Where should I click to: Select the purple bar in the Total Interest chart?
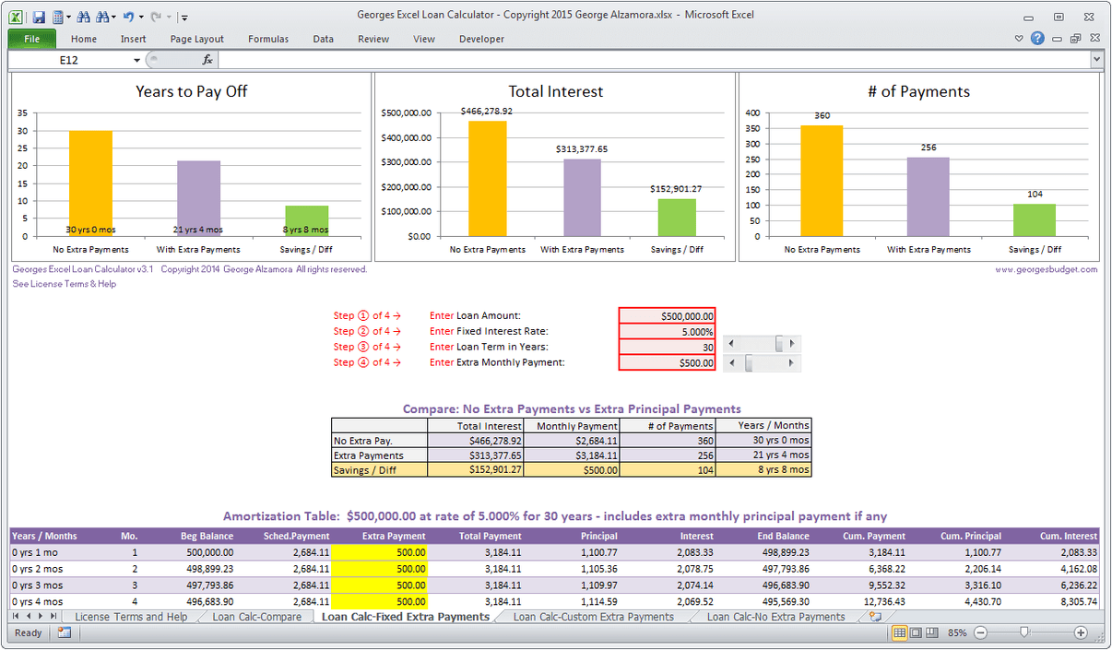click(582, 197)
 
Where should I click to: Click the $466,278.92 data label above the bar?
click(486, 111)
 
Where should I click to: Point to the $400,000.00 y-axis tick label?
click(406, 137)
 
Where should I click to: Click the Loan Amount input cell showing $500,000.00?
click(667, 315)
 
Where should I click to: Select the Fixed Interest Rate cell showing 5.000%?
click(667, 331)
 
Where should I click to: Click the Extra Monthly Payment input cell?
click(667, 362)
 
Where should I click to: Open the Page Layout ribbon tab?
click(196, 39)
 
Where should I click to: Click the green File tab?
click(32, 39)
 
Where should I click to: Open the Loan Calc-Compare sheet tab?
click(256, 617)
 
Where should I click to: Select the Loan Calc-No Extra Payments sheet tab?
click(775, 617)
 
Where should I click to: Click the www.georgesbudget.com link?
click(1046, 269)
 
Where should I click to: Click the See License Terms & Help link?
click(65, 284)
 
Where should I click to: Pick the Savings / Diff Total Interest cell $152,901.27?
click(476, 469)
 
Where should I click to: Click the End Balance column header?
click(785, 536)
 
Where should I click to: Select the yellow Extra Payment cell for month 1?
click(379, 551)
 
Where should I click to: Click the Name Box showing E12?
click(74, 60)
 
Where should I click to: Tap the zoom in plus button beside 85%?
click(1080, 632)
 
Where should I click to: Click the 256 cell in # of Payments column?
click(668, 455)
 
